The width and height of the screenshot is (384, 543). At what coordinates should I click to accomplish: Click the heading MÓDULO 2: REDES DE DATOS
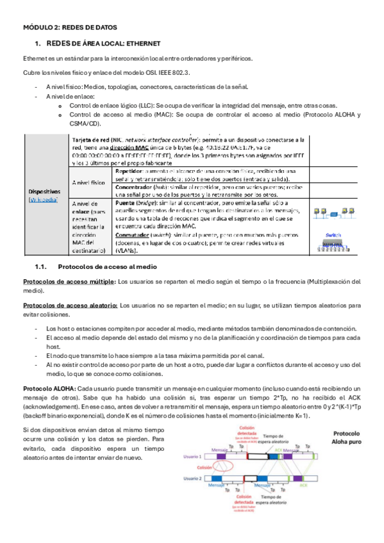tap(65, 29)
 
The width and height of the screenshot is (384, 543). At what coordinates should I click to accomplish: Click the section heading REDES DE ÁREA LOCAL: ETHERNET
tap(101, 44)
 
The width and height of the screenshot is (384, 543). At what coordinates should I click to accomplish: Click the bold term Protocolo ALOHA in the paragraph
tap(49, 389)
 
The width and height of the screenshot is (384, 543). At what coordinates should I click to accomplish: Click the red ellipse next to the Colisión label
tap(225, 467)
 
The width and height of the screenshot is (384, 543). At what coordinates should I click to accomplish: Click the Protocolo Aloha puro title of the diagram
tap(346, 437)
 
